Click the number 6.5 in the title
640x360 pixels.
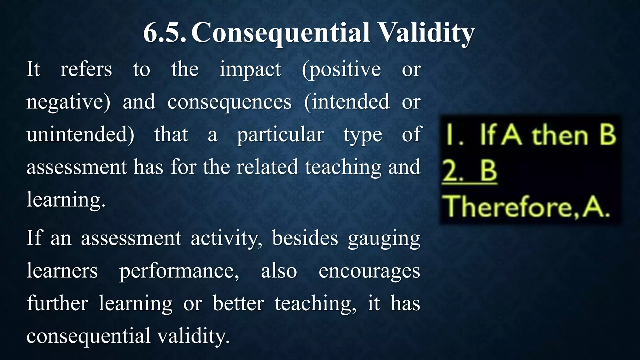[x=165, y=33]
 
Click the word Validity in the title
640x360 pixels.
[x=426, y=33]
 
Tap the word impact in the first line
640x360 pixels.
[x=250, y=69]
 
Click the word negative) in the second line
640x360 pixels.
[x=68, y=102]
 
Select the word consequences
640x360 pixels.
[x=230, y=102]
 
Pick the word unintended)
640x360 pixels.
[x=80, y=135]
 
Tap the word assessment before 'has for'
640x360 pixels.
[x=77, y=167]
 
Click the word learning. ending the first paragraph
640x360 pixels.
[x=66, y=200]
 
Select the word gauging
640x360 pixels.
[x=384, y=239]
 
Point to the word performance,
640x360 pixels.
[x=179, y=271]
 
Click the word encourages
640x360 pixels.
[x=369, y=271]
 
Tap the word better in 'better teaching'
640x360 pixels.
[x=238, y=303]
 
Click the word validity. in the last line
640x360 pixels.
[x=193, y=336]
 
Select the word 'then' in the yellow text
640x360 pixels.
[x=560, y=136]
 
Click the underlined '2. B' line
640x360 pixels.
[x=469, y=172]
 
